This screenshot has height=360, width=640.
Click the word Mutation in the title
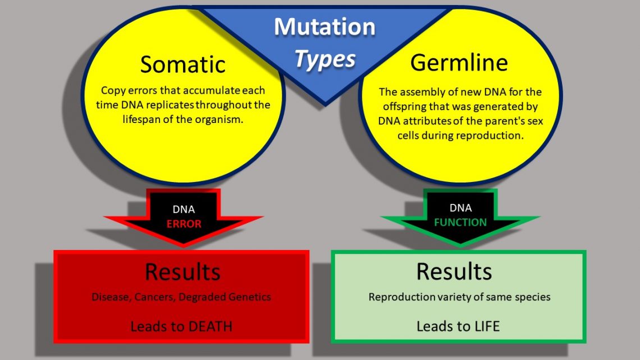pos(324,27)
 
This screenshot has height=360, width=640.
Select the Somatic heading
pos(182,64)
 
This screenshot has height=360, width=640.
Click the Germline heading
pos(459,62)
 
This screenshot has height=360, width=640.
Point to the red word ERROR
pos(184,223)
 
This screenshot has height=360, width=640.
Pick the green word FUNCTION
pos(460,222)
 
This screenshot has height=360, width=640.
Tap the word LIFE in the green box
pos(483,326)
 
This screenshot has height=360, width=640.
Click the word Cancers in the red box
pos(155,297)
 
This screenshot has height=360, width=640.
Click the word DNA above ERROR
pos(184,209)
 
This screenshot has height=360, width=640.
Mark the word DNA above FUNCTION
pos(460,208)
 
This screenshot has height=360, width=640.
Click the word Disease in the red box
pos(111,297)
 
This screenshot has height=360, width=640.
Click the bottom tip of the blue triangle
pos(324,104)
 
